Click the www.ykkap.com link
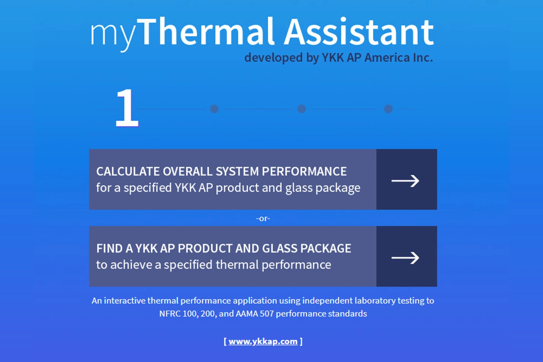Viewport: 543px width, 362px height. click(x=263, y=341)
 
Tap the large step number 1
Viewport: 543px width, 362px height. click(x=127, y=108)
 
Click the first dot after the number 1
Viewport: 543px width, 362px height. click(x=214, y=109)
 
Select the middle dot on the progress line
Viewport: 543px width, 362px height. click(x=301, y=109)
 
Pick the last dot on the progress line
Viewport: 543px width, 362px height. click(x=388, y=109)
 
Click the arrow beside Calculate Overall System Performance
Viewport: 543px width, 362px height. click(x=405, y=181)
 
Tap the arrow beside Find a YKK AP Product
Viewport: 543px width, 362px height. click(x=405, y=258)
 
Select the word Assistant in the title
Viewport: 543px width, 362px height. click(x=359, y=32)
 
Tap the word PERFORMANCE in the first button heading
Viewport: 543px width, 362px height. click(x=304, y=171)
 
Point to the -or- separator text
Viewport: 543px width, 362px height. click(x=263, y=218)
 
